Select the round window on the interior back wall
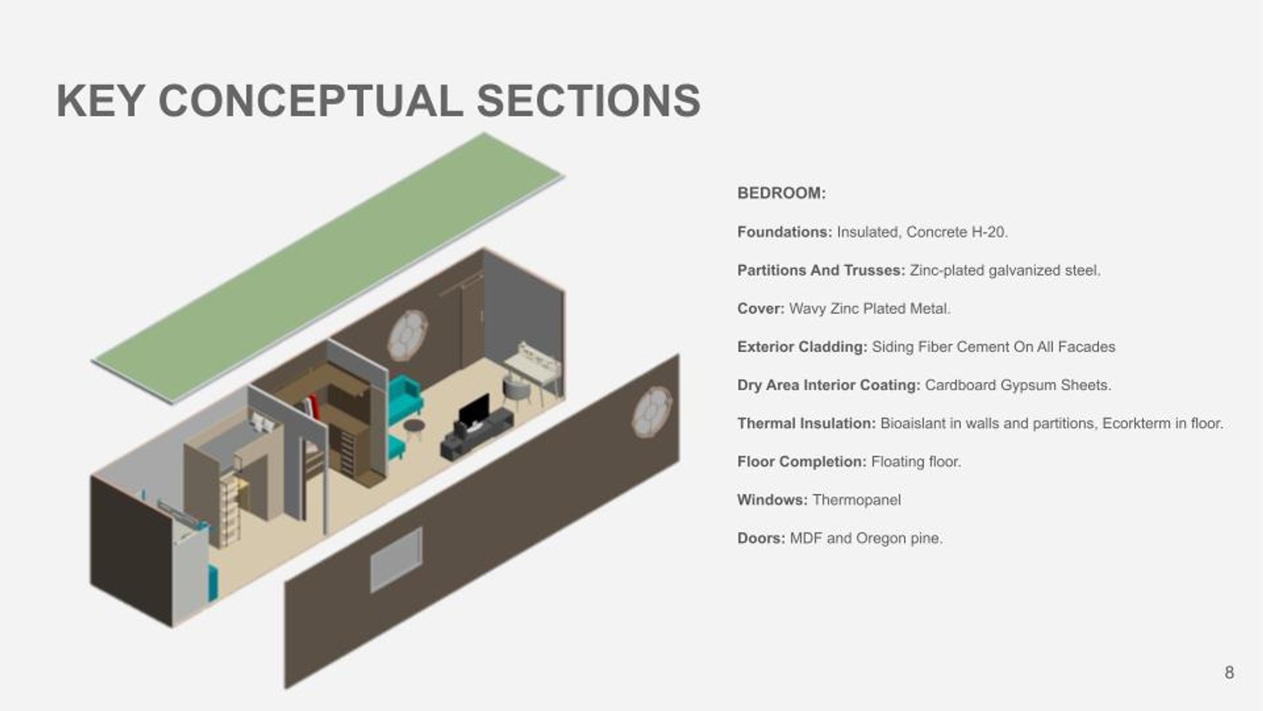tap(407, 336)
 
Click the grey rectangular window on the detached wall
tap(396, 560)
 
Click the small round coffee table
tap(414, 428)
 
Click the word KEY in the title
tap(100, 101)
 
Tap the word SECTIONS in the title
tap(589, 101)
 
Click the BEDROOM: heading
tap(781, 193)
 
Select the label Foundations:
tap(784, 232)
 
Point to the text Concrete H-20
tap(957, 232)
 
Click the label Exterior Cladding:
tap(802, 347)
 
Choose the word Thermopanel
tap(856, 500)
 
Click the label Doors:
tap(761, 538)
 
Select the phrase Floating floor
tap(916, 462)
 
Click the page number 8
tap(1229, 672)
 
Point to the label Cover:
tap(760, 308)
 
